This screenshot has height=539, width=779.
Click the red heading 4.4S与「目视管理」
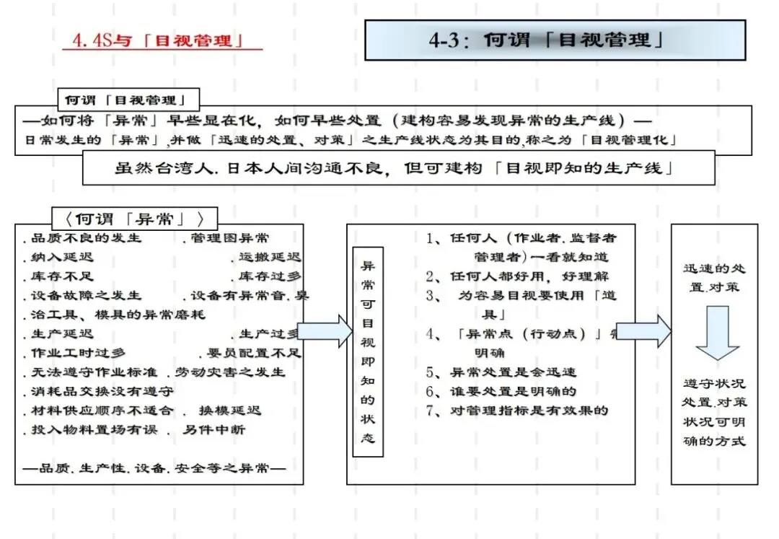[162, 40]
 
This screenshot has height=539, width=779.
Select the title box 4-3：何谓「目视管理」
[555, 40]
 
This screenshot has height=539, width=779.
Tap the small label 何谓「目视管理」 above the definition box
[128, 100]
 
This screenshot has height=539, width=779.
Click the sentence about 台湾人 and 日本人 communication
[398, 168]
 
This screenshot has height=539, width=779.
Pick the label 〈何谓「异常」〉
[134, 219]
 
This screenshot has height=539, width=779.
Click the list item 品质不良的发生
[83, 238]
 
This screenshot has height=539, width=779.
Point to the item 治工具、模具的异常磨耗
[115, 315]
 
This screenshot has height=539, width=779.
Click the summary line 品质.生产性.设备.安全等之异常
[154, 468]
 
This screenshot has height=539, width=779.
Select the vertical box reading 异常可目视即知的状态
[368, 352]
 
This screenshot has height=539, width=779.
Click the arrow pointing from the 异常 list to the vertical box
[323, 331]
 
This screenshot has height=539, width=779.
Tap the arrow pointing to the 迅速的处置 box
[643, 331]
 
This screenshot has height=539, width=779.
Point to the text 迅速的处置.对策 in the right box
[714, 277]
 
